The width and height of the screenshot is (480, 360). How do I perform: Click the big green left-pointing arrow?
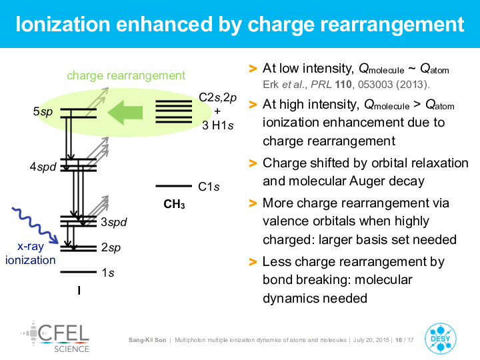point(125,113)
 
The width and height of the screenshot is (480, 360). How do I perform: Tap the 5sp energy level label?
point(43,112)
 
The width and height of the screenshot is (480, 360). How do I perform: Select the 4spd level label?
point(43,167)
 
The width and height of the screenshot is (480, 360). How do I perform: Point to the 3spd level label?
point(114,222)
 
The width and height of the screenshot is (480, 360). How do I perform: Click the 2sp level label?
point(111,247)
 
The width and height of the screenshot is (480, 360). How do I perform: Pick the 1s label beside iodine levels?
point(108,273)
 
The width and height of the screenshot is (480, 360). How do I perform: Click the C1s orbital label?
point(209,187)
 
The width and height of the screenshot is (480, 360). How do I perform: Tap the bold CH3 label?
point(174,204)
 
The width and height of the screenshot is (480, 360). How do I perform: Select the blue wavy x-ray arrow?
point(35,225)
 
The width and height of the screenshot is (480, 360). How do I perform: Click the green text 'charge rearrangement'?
point(126,75)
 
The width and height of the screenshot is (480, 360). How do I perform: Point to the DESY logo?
point(441,339)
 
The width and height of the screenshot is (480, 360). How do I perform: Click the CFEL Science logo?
point(55,337)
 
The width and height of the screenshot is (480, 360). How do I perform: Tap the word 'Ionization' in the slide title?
point(63,24)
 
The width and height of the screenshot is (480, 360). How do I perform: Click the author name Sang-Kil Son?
point(147,340)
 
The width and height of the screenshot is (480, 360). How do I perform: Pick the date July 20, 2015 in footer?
point(371,340)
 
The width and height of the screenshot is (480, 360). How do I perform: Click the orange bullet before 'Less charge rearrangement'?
point(253,262)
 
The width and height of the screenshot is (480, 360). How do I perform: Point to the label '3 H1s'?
point(217,125)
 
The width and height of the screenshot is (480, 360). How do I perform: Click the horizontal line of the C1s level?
point(173,186)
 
